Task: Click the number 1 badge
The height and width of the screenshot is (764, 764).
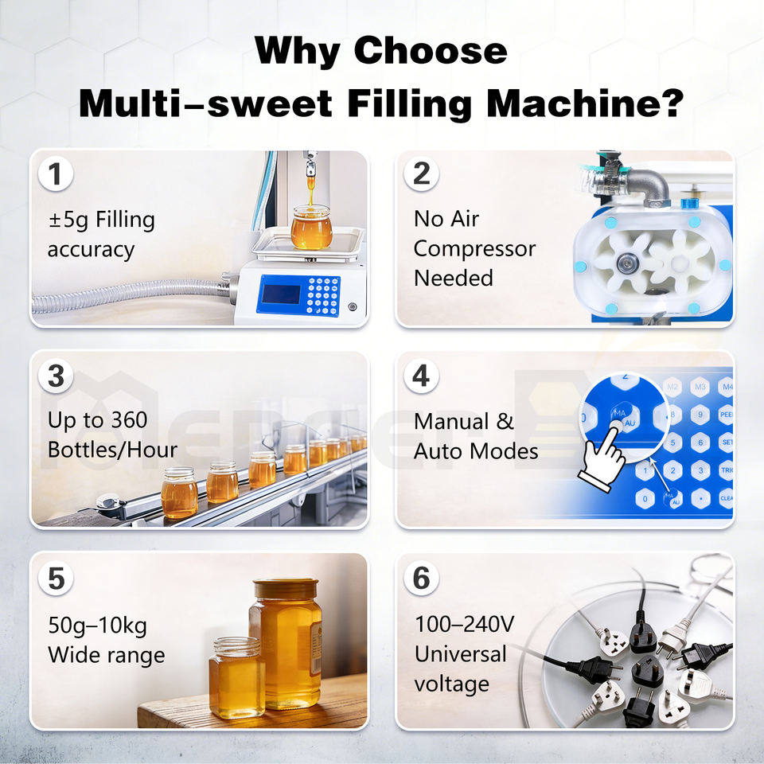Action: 56,174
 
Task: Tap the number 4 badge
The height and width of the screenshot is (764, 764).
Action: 422,376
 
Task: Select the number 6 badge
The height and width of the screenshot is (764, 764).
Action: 422,579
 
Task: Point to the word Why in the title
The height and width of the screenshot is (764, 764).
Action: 298,51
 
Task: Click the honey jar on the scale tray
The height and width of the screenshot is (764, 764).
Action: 311,228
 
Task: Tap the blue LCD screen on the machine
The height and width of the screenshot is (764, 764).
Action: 281,294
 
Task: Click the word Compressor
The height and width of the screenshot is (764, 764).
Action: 474,249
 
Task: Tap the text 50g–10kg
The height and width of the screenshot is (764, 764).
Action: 97,626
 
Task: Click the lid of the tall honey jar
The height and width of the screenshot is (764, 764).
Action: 286,589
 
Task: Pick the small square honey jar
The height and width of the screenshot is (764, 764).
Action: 237,677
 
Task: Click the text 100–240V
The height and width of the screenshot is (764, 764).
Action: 464,624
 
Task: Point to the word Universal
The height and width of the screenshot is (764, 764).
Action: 461,654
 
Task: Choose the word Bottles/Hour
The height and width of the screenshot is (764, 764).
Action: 112,450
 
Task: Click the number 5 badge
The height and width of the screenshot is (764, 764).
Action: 56,579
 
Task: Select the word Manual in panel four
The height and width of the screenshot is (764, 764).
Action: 451,422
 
